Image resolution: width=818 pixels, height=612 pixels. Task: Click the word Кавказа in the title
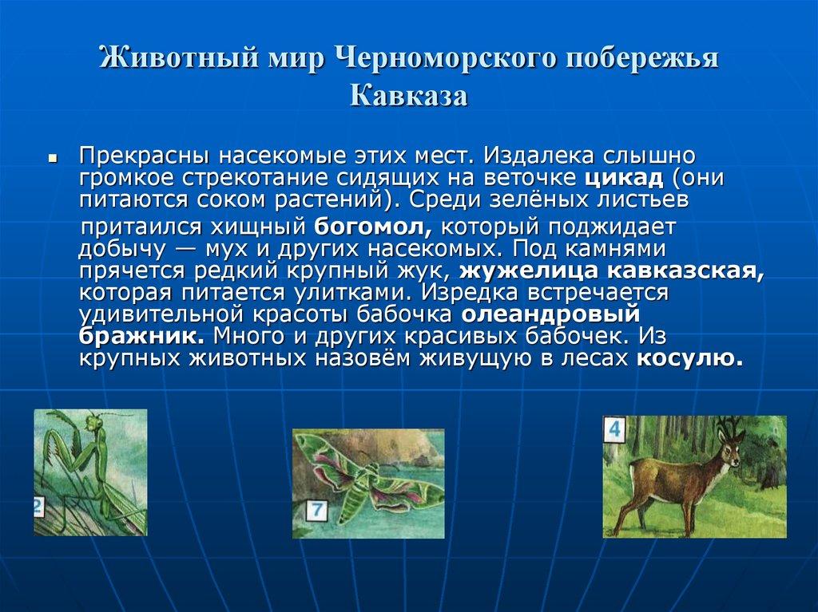pyautogui.click(x=408, y=96)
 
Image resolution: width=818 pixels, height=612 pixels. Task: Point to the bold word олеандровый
pyautogui.click(x=552, y=314)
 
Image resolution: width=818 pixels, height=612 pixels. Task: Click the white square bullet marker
pyautogui.click(x=51, y=158)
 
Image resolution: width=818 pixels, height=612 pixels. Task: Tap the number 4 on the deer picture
pyautogui.click(x=614, y=430)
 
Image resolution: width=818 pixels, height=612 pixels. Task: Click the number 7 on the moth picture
pyautogui.click(x=317, y=509)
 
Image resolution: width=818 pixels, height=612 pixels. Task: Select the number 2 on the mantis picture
pyautogui.click(x=38, y=507)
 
